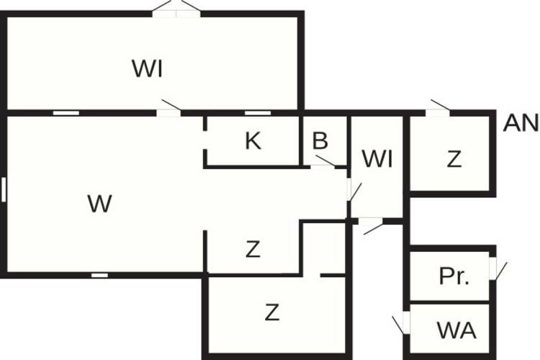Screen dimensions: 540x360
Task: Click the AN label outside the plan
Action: tap(520, 123)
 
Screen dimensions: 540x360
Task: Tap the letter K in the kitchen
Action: tap(253, 140)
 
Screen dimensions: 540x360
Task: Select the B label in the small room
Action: tap(320, 140)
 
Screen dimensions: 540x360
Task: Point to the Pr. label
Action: tap(454, 276)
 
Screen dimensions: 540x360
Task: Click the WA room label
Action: tap(456, 330)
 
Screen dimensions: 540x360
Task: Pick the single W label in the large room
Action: tap(99, 203)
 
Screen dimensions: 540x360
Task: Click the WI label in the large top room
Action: tap(147, 68)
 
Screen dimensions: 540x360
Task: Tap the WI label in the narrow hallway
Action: tap(377, 159)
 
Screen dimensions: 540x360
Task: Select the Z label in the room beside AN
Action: tap(454, 159)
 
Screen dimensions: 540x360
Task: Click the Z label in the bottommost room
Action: tap(272, 312)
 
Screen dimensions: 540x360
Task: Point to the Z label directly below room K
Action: tap(253, 249)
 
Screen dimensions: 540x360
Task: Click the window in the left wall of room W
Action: tap(4, 189)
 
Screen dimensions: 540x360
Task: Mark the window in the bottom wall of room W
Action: tap(99, 275)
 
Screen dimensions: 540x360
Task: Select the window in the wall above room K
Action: tap(258, 113)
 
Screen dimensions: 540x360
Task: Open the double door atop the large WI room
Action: tap(176, 10)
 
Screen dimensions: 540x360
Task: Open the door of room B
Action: tap(323, 163)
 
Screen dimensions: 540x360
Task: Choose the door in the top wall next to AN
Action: tap(438, 109)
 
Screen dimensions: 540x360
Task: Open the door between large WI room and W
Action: tap(168, 109)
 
